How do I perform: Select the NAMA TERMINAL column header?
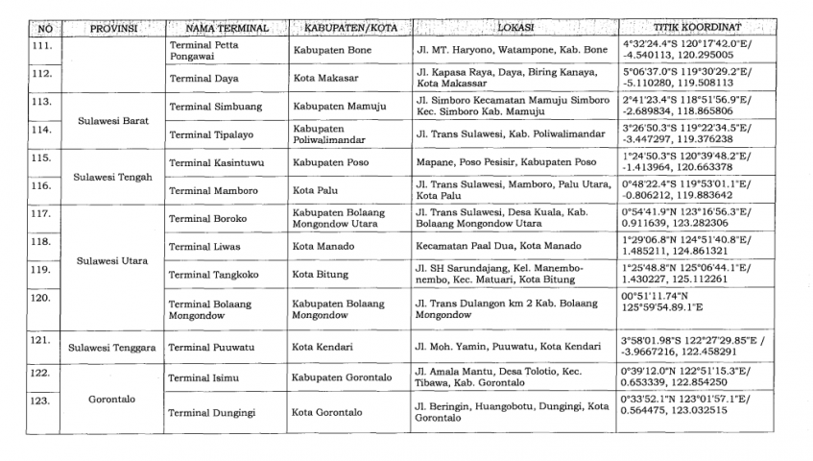click(226, 29)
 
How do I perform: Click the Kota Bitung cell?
click(321, 274)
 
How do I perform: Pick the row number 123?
click(41, 399)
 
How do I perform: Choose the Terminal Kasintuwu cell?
click(211, 162)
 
